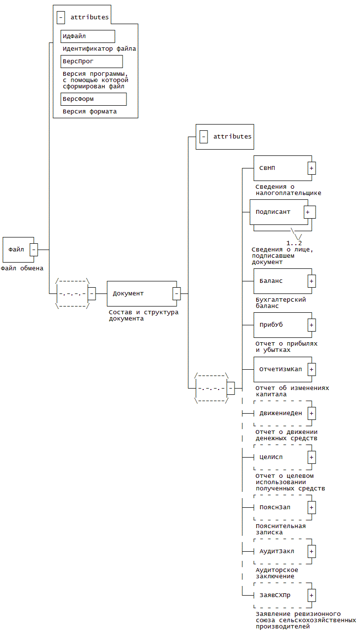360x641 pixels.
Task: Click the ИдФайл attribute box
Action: point(87,36)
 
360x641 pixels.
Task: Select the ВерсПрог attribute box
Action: point(91,61)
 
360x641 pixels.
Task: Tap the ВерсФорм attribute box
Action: point(93,99)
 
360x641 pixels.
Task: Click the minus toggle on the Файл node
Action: point(34,250)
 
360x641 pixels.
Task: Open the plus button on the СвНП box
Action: point(312,168)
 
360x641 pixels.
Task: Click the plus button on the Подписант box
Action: point(310,212)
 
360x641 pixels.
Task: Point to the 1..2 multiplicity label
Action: point(294,242)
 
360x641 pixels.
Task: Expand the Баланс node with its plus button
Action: point(312,281)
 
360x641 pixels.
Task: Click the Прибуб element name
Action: point(271,325)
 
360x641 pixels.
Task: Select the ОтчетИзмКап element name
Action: point(280,369)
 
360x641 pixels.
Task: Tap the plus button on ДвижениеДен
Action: point(312,413)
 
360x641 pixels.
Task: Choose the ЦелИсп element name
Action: point(271,457)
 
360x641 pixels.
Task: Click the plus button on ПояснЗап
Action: point(312,507)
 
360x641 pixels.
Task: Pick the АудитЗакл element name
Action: point(277,551)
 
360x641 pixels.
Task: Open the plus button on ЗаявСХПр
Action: point(312,595)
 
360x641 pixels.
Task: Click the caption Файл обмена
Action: point(22,268)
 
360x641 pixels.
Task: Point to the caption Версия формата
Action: point(89,111)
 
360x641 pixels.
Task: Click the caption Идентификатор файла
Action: point(99,49)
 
